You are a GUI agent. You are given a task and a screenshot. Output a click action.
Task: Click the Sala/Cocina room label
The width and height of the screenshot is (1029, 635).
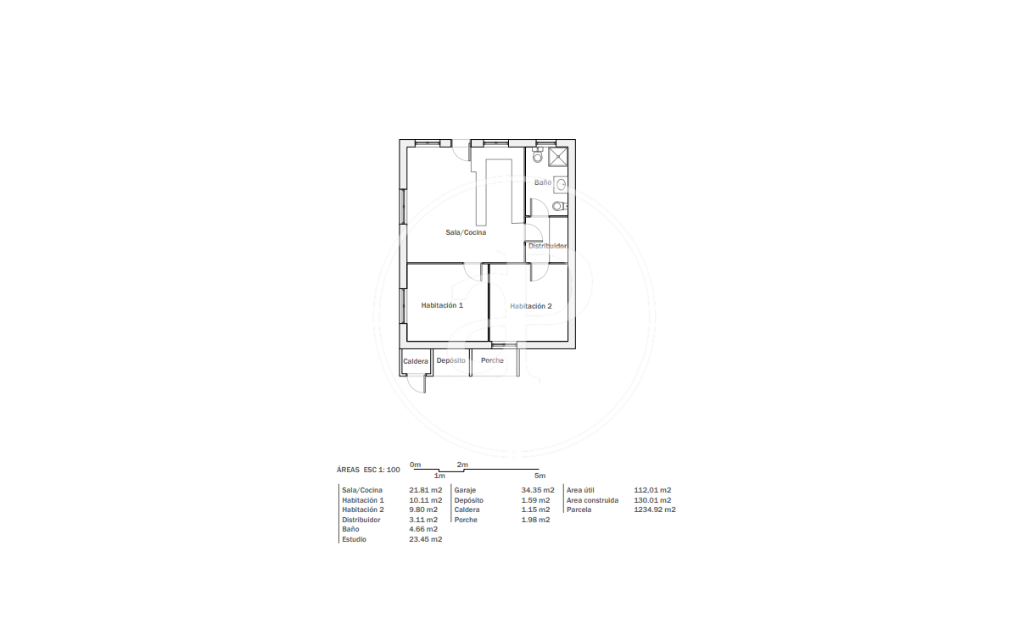point(466,232)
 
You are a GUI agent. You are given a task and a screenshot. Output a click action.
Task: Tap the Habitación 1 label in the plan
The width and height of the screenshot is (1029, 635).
point(442,305)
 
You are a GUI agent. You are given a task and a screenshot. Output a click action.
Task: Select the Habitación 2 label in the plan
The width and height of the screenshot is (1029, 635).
point(530,306)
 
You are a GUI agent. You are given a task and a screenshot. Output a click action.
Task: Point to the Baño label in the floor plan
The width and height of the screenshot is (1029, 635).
point(543,182)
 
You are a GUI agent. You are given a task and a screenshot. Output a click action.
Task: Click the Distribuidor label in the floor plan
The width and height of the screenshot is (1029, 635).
point(547,246)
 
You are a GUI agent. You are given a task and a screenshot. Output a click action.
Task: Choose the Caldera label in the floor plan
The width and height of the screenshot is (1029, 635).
point(416,361)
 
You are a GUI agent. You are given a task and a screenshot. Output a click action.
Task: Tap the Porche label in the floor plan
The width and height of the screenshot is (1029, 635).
point(492,360)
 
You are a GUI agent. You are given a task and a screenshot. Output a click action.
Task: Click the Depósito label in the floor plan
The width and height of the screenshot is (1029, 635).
point(450,360)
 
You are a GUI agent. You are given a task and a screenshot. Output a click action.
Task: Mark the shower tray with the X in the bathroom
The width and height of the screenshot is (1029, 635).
point(557,157)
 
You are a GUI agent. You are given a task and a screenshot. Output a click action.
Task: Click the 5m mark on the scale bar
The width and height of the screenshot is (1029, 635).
point(540,476)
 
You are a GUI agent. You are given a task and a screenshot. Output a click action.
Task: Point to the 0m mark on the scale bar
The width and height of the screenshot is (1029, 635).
point(415,465)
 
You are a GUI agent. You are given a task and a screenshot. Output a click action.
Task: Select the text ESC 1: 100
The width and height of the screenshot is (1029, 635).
point(382,470)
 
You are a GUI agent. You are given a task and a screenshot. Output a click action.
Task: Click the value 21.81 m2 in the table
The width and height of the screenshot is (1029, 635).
point(425,490)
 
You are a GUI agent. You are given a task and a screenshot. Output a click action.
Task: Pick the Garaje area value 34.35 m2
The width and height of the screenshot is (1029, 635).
point(538,490)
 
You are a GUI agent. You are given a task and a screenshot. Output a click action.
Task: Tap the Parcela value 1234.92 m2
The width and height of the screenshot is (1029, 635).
point(655,510)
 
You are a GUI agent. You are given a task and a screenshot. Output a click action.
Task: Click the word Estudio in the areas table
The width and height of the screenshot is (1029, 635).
point(355,539)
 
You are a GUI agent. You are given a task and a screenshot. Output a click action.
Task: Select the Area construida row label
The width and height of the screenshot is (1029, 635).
point(592,500)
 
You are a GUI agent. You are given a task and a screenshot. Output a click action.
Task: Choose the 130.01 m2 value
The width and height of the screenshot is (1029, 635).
point(652,500)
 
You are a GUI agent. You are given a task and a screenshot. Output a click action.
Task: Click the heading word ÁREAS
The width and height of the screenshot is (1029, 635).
point(348,470)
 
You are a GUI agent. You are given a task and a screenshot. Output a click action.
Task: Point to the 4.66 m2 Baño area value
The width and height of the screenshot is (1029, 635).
point(423,529)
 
